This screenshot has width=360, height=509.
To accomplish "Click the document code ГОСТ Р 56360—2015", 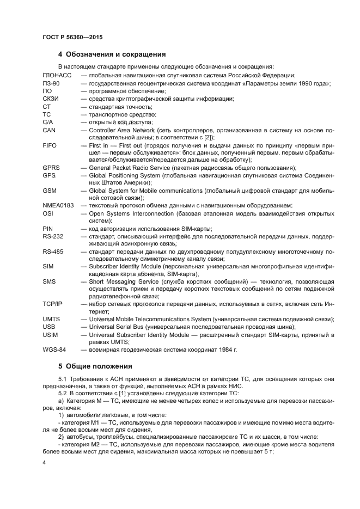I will coord(72,36).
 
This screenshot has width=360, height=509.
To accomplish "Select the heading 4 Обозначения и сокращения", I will coord(112,54).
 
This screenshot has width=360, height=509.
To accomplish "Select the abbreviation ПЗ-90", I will coord(51,83).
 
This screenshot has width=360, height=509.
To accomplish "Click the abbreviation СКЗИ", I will coord(51,99).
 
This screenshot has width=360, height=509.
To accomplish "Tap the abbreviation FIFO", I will coord(50,146).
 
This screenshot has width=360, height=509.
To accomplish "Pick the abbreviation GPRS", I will coord(51,169).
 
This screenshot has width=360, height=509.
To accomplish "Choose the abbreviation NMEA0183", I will coord(58,205).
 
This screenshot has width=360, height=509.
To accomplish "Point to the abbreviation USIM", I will coord(50,334).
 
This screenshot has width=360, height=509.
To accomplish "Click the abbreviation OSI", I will coord(48,213).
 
